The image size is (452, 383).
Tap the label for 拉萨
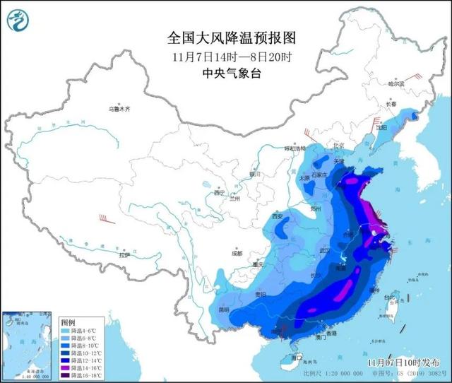(125, 255)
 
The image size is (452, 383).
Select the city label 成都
(235, 252)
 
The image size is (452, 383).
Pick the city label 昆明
(224, 310)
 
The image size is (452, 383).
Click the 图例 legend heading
(68, 322)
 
